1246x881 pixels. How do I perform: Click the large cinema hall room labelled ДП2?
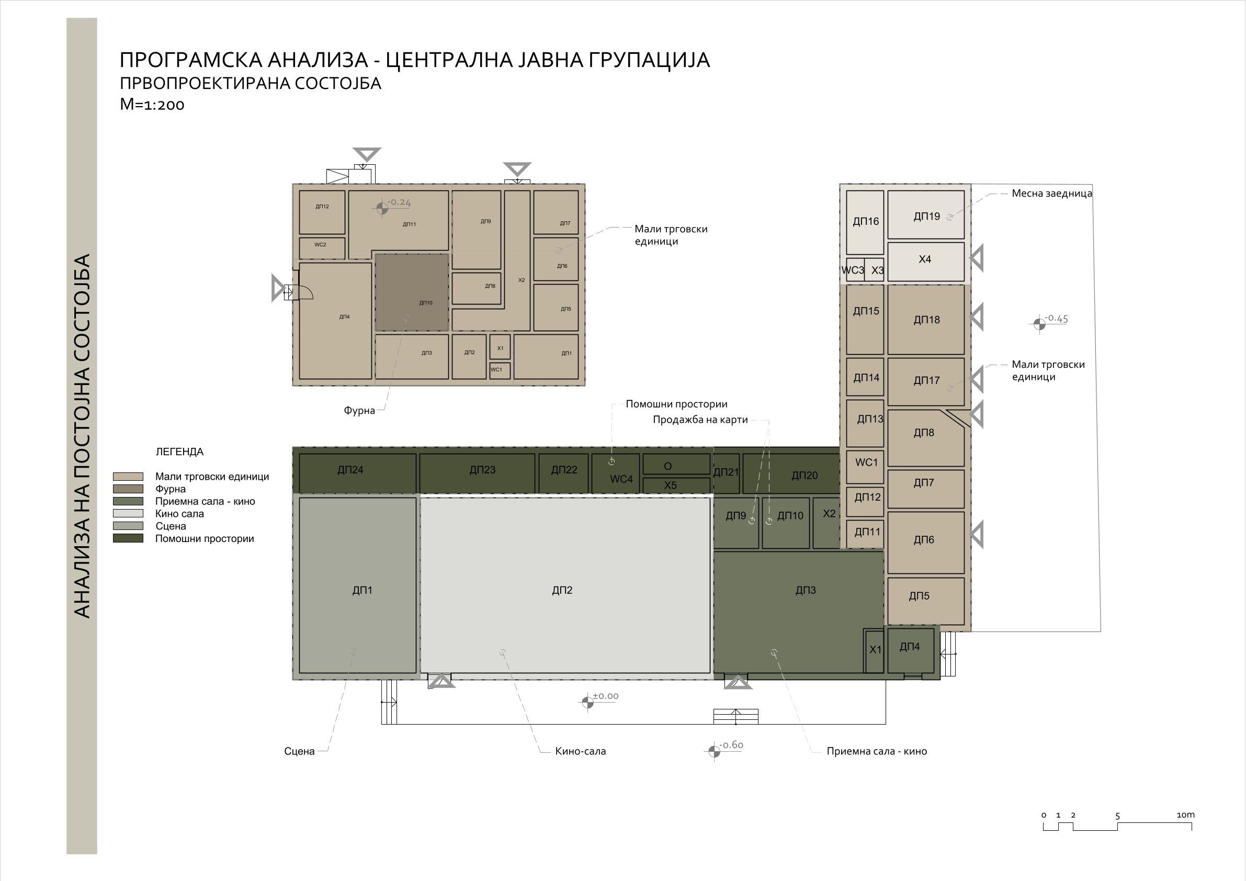pyautogui.click(x=565, y=585)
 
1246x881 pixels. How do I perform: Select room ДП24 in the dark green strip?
pyautogui.click(x=358, y=473)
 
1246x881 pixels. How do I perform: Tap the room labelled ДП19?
pyautogui.click(x=926, y=214)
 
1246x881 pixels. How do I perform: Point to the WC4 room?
pyautogui.click(x=615, y=473)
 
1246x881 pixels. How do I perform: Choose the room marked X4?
pyautogui.click(x=926, y=262)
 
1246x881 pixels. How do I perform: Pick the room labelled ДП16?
pyautogui.click(x=865, y=222)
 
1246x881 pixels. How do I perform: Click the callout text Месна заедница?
pyautogui.click(x=1052, y=193)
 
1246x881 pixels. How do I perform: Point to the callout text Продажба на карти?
pyautogui.click(x=700, y=420)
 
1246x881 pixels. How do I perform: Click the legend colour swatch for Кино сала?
pyautogui.click(x=128, y=514)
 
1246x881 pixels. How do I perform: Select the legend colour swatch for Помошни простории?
pyautogui.click(x=128, y=538)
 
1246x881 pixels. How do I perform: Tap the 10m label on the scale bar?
pyautogui.click(x=1186, y=815)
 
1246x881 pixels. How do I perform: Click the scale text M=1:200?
pyautogui.click(x=152, y=104)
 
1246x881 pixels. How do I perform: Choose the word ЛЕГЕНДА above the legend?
pyautogui.click(x=179, y=451)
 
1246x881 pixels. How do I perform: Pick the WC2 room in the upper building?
pyautogui.click(x=322, y=248)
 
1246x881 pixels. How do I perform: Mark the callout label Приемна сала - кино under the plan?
pyautogui.click(x=876, y=751)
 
